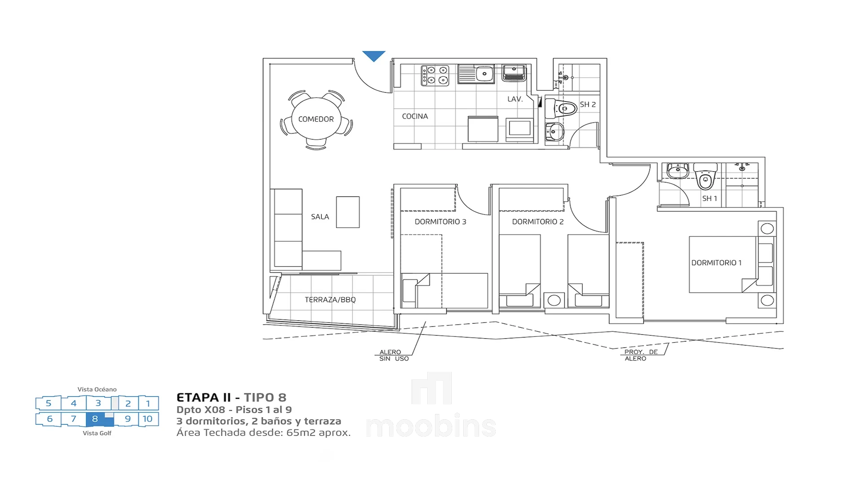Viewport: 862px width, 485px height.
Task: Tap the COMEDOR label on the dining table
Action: [316, 119]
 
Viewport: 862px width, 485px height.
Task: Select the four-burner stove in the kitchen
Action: [435, 75]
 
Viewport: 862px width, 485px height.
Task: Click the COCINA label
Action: [415, 116]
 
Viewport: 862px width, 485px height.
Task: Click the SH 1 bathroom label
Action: [709, 198]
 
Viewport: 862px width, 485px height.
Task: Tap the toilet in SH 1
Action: [705, 176]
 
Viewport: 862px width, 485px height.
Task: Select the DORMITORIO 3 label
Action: [440, 222]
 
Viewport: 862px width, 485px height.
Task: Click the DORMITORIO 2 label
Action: [538, 222]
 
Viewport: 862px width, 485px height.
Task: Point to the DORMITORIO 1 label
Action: [717, 263]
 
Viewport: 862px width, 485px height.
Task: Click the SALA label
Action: [320, 217]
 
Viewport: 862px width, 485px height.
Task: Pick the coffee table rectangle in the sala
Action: [348, 212]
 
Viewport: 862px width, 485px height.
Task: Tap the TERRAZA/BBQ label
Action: [330, 300]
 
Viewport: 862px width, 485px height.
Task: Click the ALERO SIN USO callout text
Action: [394, 355]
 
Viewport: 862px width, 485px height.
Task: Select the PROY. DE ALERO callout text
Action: [641, 355]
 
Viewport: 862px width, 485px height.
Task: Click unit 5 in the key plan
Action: [48, 403]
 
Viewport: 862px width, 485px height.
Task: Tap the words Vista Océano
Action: [97, 389]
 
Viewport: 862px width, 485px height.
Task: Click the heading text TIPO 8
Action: [265, 397]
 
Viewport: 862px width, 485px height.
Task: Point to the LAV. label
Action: [515, 99]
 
